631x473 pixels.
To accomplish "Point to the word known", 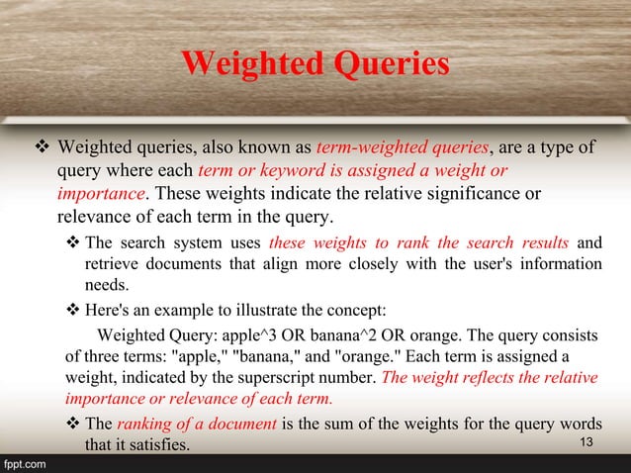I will tap(269, 149).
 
